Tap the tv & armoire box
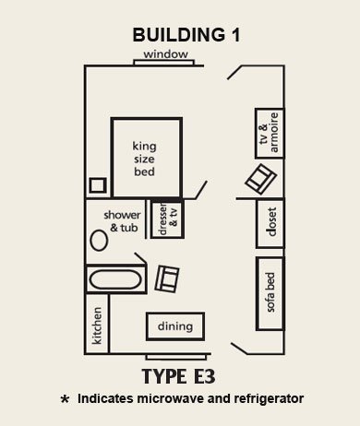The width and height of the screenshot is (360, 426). (268, 134)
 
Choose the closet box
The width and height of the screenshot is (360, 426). (270, 222)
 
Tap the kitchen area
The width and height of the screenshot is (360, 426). (98, 325)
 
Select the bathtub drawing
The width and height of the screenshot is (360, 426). (114, 278)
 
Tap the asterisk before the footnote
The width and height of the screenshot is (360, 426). (64, 401)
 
